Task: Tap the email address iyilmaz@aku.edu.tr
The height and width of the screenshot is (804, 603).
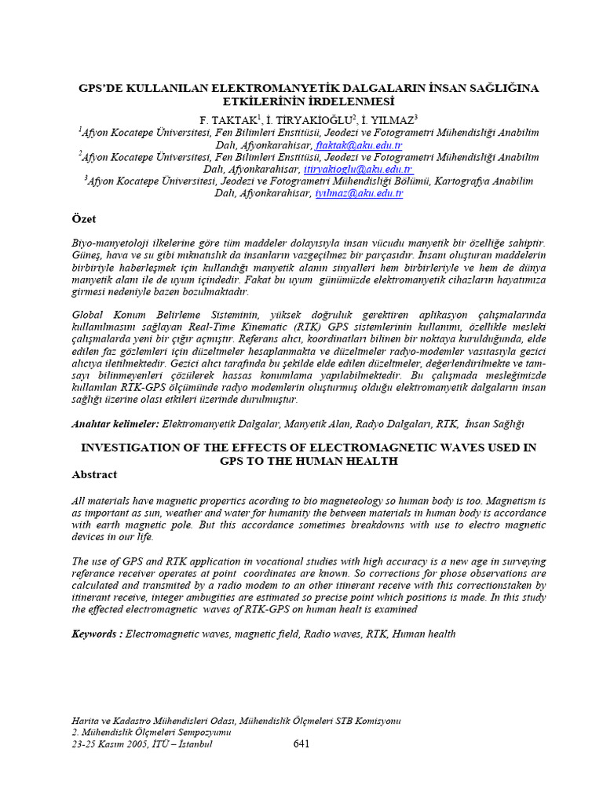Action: coord(359,193)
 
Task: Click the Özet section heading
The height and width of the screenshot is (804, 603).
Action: coord(83,219)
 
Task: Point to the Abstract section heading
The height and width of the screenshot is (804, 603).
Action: coord(94,474)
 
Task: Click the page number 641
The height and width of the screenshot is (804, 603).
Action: coord(301,744)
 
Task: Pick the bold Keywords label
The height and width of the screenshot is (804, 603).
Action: coord(97,634)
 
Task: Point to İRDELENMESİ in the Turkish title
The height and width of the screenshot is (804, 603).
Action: coord(347,101)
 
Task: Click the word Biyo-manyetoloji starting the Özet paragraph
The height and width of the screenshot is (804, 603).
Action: coord(110,244)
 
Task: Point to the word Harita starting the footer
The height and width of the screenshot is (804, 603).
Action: coord(86,720)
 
